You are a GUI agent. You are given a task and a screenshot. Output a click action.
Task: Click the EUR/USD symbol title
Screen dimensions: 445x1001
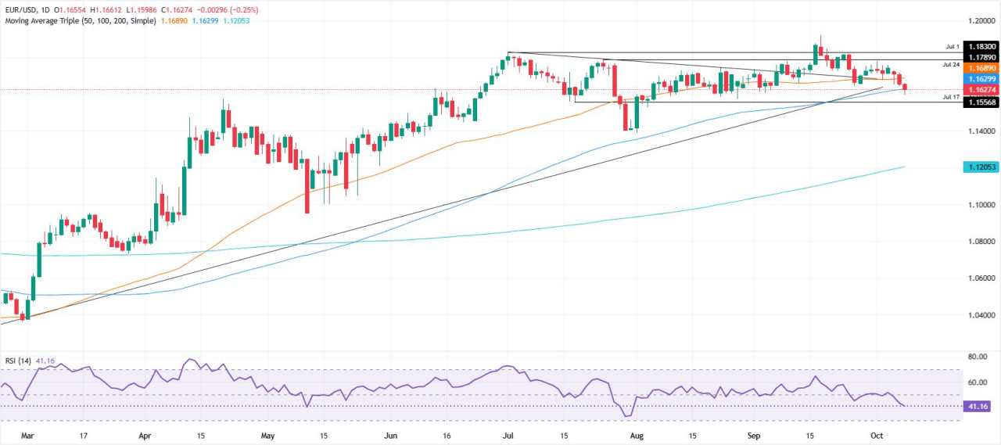point(22,9)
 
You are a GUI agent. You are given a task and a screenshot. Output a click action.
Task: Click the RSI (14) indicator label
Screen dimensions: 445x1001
point(17,361)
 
